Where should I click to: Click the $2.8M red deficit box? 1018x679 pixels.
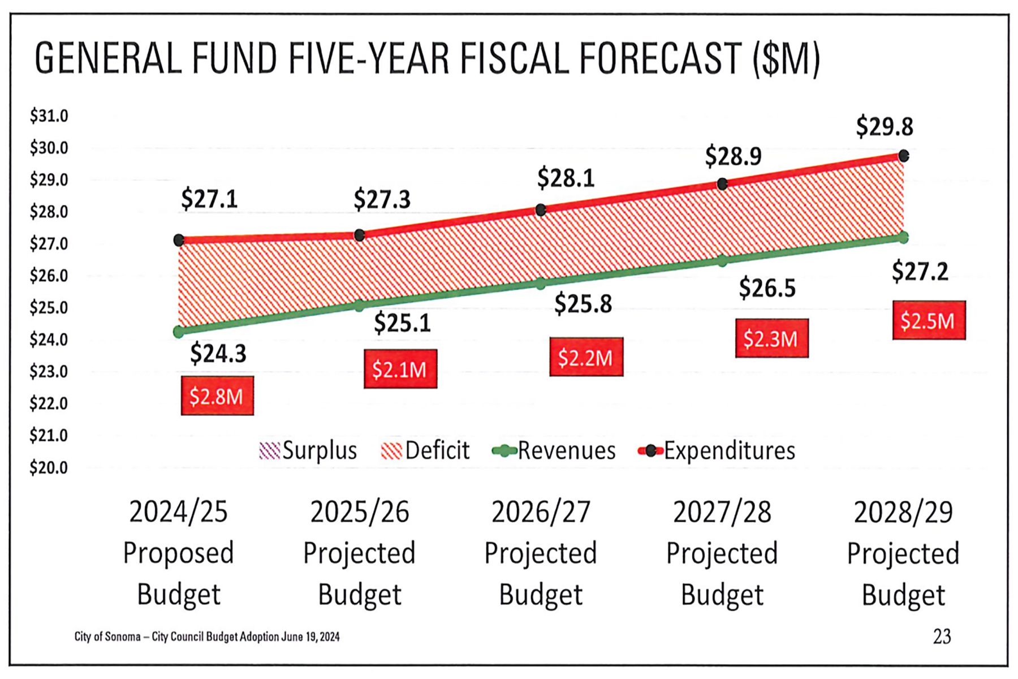pos(217,396)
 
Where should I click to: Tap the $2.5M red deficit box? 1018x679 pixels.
pos(929,320)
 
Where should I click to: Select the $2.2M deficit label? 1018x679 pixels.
pos(586,357)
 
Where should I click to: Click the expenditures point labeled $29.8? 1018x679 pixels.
pos(904,156)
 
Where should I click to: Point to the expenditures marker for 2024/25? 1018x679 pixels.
pos(179,240)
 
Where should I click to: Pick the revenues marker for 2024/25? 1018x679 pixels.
pos(179,332)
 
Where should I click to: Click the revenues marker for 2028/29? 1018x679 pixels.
pos(904,238)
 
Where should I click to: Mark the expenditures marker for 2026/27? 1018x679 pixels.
pos(541,210)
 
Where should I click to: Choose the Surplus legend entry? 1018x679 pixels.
pos(308,451)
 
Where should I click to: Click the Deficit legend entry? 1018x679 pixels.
pos(425,451)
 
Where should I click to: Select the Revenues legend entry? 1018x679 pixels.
pos(554,451)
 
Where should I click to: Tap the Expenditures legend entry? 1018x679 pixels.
pos(717,451)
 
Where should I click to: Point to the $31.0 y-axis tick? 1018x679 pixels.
pos(49,116)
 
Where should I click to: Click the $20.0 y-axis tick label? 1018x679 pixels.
pos(49,468)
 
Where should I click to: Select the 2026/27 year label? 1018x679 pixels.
pos(541,512)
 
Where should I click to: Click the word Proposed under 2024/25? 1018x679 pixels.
pos(178,553)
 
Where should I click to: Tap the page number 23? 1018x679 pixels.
pos(942,637)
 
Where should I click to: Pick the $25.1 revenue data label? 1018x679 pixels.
pos(402,323)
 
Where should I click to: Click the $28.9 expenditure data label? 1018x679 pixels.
pos(733,156)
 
